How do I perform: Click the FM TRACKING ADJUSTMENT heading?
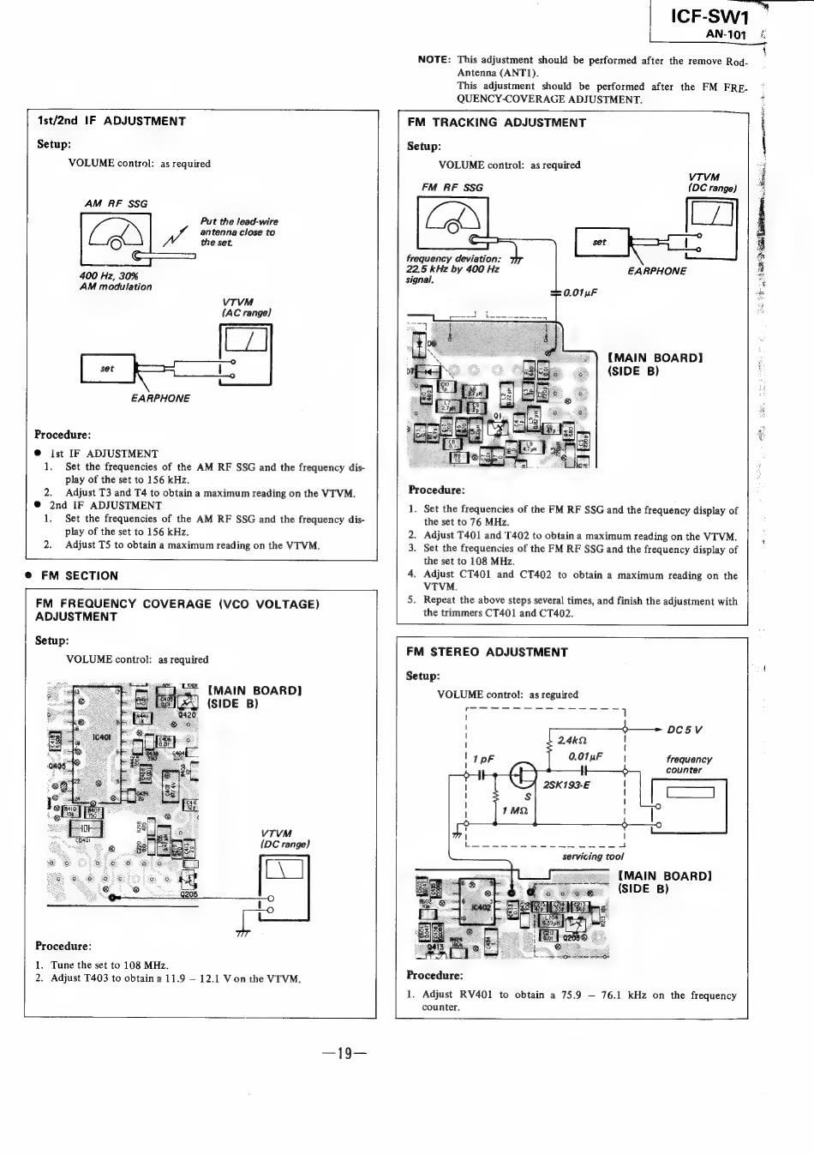(x=497, y=123)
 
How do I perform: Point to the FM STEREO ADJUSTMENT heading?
(x=487, y=653)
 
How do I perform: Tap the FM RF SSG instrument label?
(x=452, y=188)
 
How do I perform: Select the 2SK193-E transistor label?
(x=566, y=785)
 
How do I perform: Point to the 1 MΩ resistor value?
(x=516, y=811)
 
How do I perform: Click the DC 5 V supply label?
(x=685, y=731)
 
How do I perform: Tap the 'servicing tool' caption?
(x=593, y=856)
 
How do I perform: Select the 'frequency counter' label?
(x=689, y=765)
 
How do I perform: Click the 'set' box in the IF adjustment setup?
(x=107, y=369)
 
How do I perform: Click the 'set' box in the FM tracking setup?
(x=600, y=243)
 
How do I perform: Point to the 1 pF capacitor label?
(x=483, y=760)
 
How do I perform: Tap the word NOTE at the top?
(x=434, y=60)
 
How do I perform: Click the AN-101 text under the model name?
(x=726, y=35)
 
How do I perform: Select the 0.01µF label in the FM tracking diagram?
(x=580, y=293)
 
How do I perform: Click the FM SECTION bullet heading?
(x=80, y=576)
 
